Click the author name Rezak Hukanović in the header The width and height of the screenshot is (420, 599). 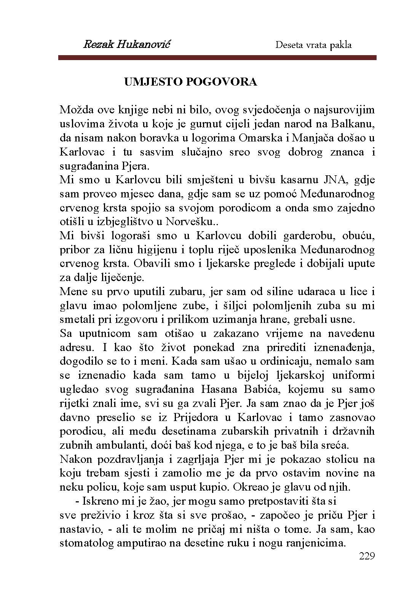coord(126,44)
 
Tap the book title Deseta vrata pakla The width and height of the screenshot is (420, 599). coord(313,45)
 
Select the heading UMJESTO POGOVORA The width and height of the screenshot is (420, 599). coord(191,82)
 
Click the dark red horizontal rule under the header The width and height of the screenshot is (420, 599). coord(217,58)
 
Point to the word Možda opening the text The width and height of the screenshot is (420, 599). coord(76,110)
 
